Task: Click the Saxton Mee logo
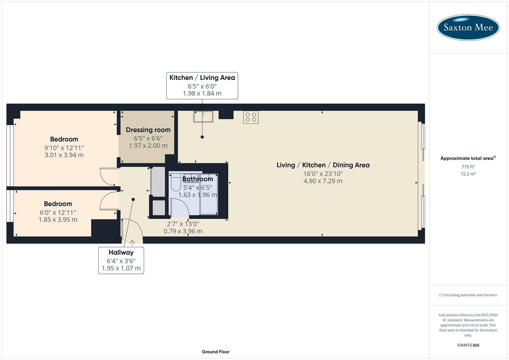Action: pyautogui.click(x=468, y=27)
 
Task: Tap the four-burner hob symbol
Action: pyautogui.click(x=251, y=117)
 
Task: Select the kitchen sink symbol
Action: pyautogui.click(x=203, y=117)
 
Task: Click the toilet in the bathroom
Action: pyautogui.click(x=175, y=183)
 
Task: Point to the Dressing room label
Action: pyautogui.click(x=148, y=130)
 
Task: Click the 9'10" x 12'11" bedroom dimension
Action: pyautogui.click(x=64, y=148)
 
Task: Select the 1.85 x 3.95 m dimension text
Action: pyautogui.click(x=58, y=220)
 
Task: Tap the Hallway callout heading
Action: pyautogui.click(x=121, y=253)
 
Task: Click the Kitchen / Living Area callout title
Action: pyautogui.click(x=202, y=78)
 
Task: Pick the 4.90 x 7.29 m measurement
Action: pyautogui.click(x=323, y=181)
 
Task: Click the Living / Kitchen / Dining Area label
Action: pyautogui.click(x=323, y=165)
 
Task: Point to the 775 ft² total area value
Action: pyautogui.click(x=468, y=167)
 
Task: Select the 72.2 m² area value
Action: pyautogui.click(x=468, y=174)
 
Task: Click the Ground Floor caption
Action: pyautogui.click(x=215, y=352)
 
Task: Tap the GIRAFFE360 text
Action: pyautogui.click(x=468, y=345)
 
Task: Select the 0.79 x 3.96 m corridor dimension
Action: pyautogui.click(x=183, y=231)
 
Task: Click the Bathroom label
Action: pyautogui.click(x=197, y=179)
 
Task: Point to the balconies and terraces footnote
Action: pyautogui.click(x=468, y=295)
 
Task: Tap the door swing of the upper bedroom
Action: pyautogui.click(x=107, y=177)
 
